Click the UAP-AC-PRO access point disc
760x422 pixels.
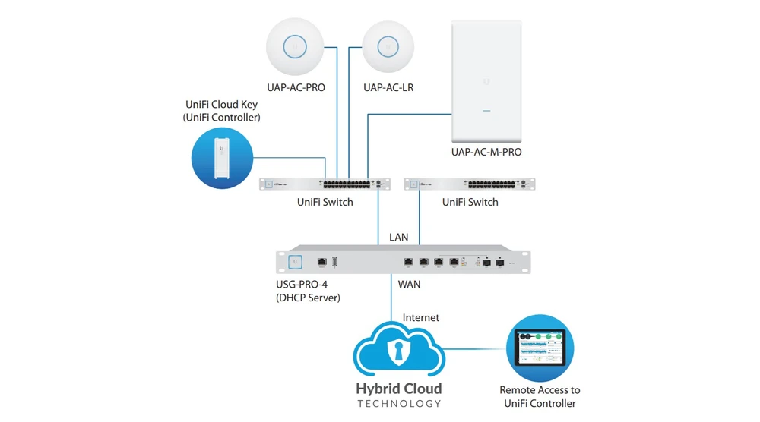point(296,46)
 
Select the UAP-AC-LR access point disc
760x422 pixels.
point(388,46)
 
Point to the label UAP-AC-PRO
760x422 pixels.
point(296,87)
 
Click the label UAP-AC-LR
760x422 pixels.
point(388,87)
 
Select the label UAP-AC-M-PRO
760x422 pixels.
point(486,153)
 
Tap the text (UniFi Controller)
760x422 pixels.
point(221,118)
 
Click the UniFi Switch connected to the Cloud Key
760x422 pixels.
point(325,184)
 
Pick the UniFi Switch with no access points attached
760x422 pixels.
point(470,184)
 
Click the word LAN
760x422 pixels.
point(399,238)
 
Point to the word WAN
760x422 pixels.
point(409,285)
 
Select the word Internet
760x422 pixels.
point(420,317)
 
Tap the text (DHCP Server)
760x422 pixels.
point(308,298)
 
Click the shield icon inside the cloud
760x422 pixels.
point(397,351)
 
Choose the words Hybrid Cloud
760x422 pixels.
point(398,389)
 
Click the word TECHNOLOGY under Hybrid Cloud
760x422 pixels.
point(398,404)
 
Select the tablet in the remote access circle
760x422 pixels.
point(540,346)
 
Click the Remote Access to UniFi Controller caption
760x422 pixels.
point(540,397)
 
